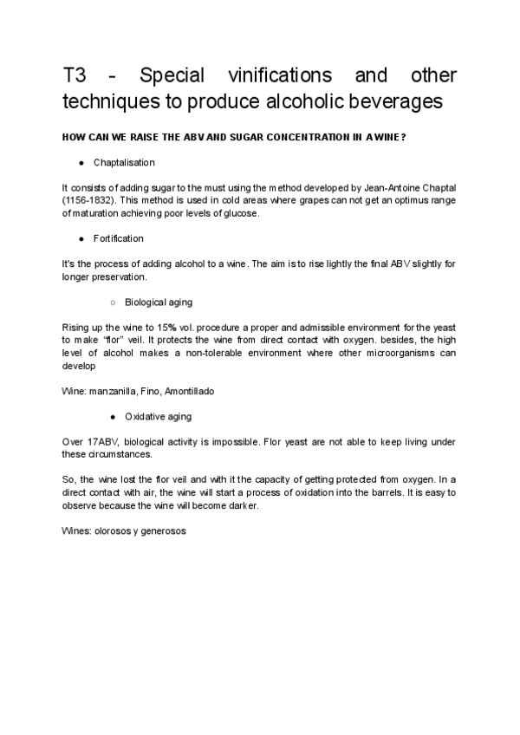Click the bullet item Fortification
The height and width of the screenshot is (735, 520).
pyautogui.click(x=118, y=238)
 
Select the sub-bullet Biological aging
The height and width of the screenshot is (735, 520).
pyautogui.click(x=158, y=302)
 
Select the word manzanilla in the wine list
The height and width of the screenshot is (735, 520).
pyautogui.click(x=113, y=391)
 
